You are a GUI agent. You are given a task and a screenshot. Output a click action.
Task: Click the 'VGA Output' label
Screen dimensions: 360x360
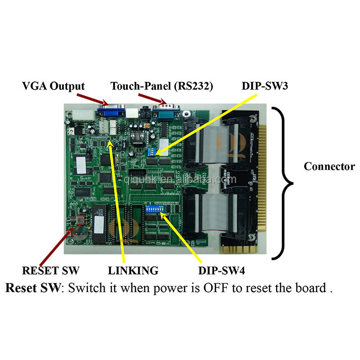click(x=54, y=85)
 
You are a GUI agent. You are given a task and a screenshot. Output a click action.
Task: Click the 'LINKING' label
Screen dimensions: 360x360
click(x=133, y=270)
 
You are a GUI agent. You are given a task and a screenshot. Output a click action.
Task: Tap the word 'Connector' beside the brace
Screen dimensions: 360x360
click(x=329, y=166)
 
